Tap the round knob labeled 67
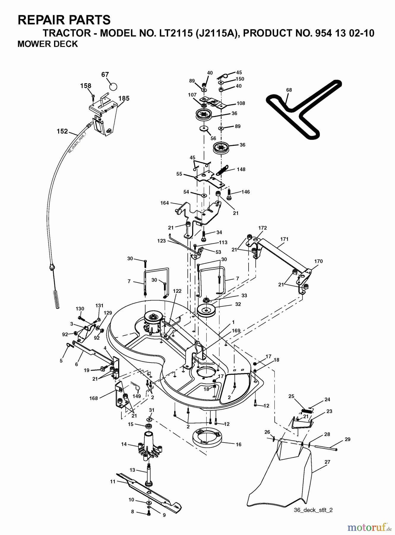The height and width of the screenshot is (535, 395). coord(113,86)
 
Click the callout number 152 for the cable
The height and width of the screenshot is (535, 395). coord(62,131)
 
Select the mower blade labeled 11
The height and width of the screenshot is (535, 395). coord(148,488)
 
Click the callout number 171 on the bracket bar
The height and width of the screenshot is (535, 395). coord(284,239)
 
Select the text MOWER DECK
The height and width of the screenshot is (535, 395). coord(48,44)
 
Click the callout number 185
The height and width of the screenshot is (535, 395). coord(124,98)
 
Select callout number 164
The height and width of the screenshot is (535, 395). coord(164,203)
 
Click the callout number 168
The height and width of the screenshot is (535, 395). coord(94,398)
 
